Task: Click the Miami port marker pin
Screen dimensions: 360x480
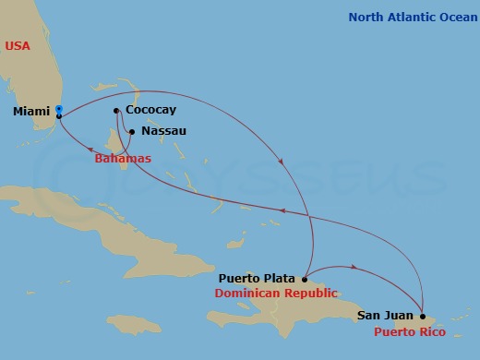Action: (x=59, y=111)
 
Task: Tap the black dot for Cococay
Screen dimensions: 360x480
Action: (x=116, y=111)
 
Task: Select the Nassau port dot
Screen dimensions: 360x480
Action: (x=133, y=132)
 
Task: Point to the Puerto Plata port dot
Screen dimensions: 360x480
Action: (x=305, y=278)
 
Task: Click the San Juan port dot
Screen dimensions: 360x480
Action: (x=423, y=316)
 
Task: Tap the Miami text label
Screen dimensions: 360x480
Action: (x=31, y=112)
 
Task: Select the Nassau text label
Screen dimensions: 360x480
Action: (x=165, y=131)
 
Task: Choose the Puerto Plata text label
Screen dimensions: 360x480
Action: (x=257, y=278)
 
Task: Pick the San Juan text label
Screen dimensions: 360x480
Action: (x=385, y=316)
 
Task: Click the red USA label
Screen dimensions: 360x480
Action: (x=18, y=45)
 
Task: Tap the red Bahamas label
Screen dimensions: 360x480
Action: (x=123, y=159)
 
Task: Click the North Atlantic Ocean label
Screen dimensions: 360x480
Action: (x=411, y=17)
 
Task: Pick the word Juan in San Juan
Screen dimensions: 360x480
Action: (x=399, y=316)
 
